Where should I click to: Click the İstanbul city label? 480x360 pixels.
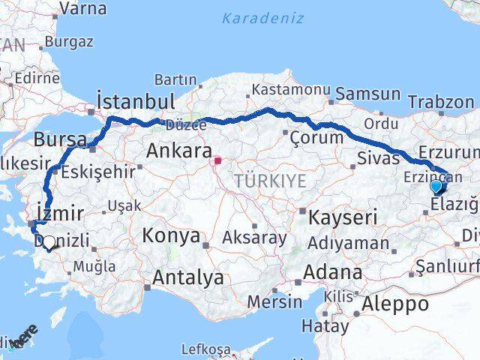click(136, 102)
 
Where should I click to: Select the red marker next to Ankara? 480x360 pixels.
click(218, 160)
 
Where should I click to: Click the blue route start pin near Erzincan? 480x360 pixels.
click(436, 186)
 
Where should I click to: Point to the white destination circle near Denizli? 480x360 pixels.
click(49, 242)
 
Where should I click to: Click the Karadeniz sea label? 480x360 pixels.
click(264, 17)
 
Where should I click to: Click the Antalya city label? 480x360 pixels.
click(187, 277)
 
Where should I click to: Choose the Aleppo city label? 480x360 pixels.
click(395, 304)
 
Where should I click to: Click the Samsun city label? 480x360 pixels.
click(368, 94)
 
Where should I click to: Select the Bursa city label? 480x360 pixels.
click(57, 139)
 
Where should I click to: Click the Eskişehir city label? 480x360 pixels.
click(98, 171)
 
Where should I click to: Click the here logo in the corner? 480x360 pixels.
click(22, 338)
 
